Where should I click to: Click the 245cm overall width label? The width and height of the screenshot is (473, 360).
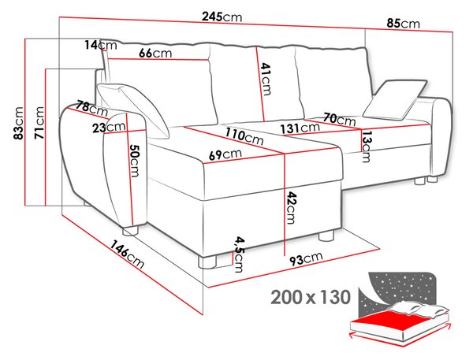coord(222,17)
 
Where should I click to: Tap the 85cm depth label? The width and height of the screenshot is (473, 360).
coord(404,23)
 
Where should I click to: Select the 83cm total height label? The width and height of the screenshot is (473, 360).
coord(19,123)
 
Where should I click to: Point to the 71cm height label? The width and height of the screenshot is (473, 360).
coord(39,123)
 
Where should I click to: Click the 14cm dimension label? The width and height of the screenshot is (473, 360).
coord(100,45)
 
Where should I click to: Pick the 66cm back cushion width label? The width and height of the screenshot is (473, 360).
coord(155,54)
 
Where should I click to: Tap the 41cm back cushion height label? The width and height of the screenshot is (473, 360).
coord(266,79)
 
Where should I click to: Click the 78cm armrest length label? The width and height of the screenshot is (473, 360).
coord(91,109)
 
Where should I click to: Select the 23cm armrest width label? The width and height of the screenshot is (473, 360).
coord(109,128)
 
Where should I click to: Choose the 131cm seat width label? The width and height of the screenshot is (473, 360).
coord(300,128)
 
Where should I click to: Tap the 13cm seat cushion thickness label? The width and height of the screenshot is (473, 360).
coord(367,146)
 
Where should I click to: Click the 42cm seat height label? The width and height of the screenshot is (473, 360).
coord(290,208)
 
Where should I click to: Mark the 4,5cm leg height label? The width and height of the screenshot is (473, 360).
coord(240,254)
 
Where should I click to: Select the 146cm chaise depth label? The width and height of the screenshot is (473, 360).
coord(127,254)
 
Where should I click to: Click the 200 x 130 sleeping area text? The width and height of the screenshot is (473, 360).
coord(311,297)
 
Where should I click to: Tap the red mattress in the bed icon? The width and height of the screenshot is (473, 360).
coord(389,320)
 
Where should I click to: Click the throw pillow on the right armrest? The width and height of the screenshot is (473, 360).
coord(395,99)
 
